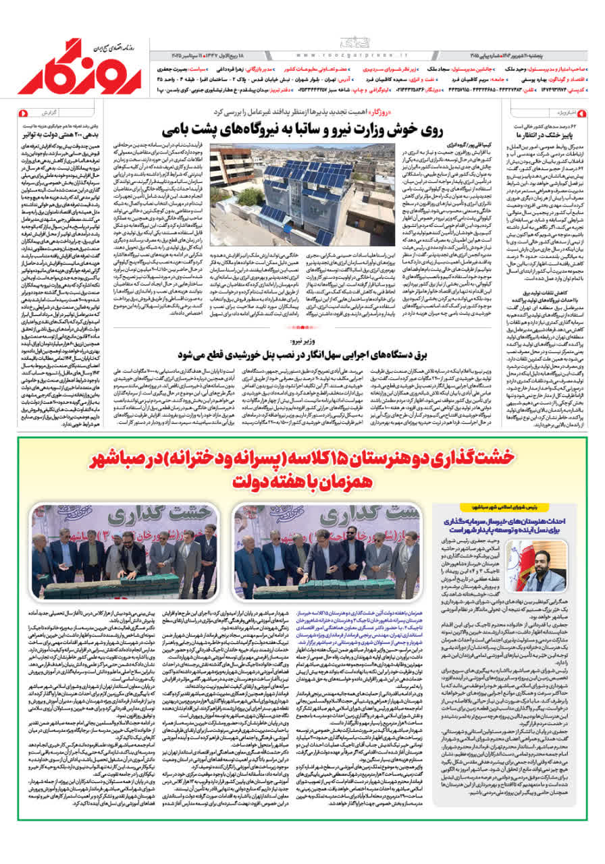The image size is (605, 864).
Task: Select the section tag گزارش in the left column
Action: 66,113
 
